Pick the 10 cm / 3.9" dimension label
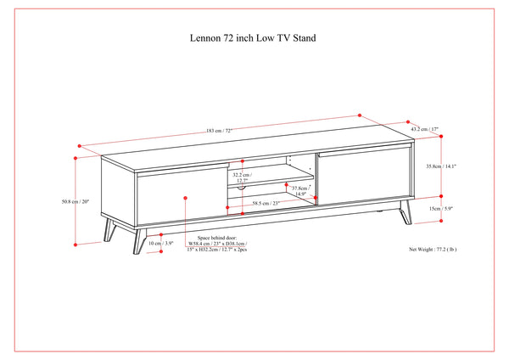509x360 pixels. (159, 243)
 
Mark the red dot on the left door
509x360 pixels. (186, 197)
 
